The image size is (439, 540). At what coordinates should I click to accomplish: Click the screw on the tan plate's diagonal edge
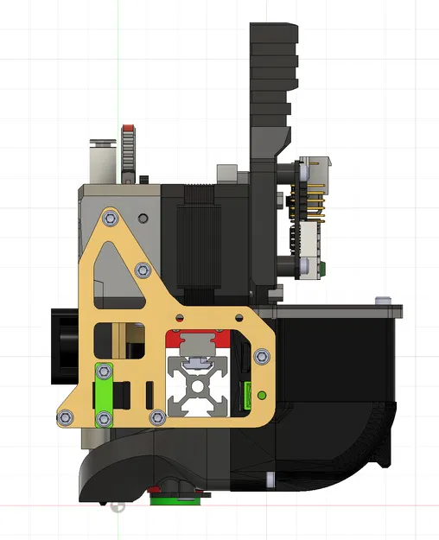143,270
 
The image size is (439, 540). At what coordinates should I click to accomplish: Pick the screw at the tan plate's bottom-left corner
65,417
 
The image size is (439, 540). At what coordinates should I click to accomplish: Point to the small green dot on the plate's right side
260,396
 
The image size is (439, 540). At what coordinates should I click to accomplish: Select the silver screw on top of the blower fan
381,300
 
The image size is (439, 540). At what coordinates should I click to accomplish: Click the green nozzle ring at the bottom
178,497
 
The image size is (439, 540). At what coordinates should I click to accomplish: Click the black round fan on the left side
64,346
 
